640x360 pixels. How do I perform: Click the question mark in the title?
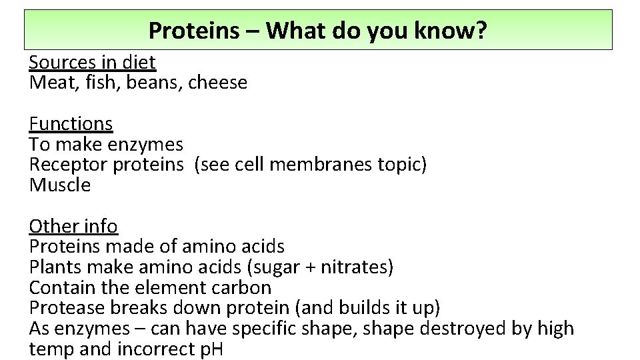pos(483,30)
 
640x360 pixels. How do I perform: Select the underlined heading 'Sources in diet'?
pos(92,62)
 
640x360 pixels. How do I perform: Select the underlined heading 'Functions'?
pos(71,123)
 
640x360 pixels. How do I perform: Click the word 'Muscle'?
pos(59,185)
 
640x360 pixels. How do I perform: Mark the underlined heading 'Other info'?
pos(73,226)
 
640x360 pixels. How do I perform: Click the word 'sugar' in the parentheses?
pos(275,267)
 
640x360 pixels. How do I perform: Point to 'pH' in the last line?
pos(211,349)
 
